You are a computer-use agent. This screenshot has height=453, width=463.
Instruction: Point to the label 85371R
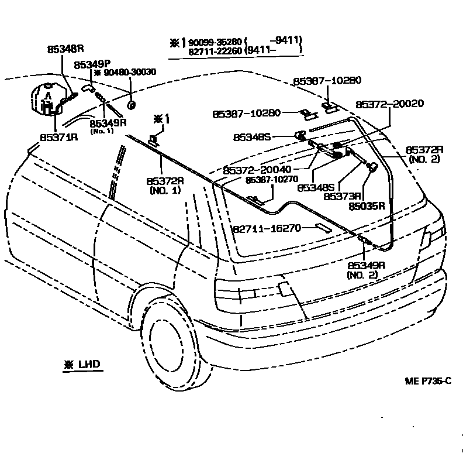click(58, 138)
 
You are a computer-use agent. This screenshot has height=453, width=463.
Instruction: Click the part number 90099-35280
click(216, 42)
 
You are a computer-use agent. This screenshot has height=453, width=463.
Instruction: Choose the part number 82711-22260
click(216, 51)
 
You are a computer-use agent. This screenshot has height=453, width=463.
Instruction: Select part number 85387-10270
click(272, 180)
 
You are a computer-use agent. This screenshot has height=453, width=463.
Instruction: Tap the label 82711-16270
click(267, 228)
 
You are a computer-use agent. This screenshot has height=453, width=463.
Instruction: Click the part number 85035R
click(367, 206)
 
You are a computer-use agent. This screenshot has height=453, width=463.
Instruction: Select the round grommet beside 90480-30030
click(132, 106)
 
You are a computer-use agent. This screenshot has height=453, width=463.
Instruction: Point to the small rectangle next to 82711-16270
click(323, 227)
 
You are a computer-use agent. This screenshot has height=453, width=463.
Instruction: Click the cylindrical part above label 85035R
click(369, 169)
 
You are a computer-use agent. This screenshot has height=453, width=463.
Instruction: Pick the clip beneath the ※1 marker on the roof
click(154, 140)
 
